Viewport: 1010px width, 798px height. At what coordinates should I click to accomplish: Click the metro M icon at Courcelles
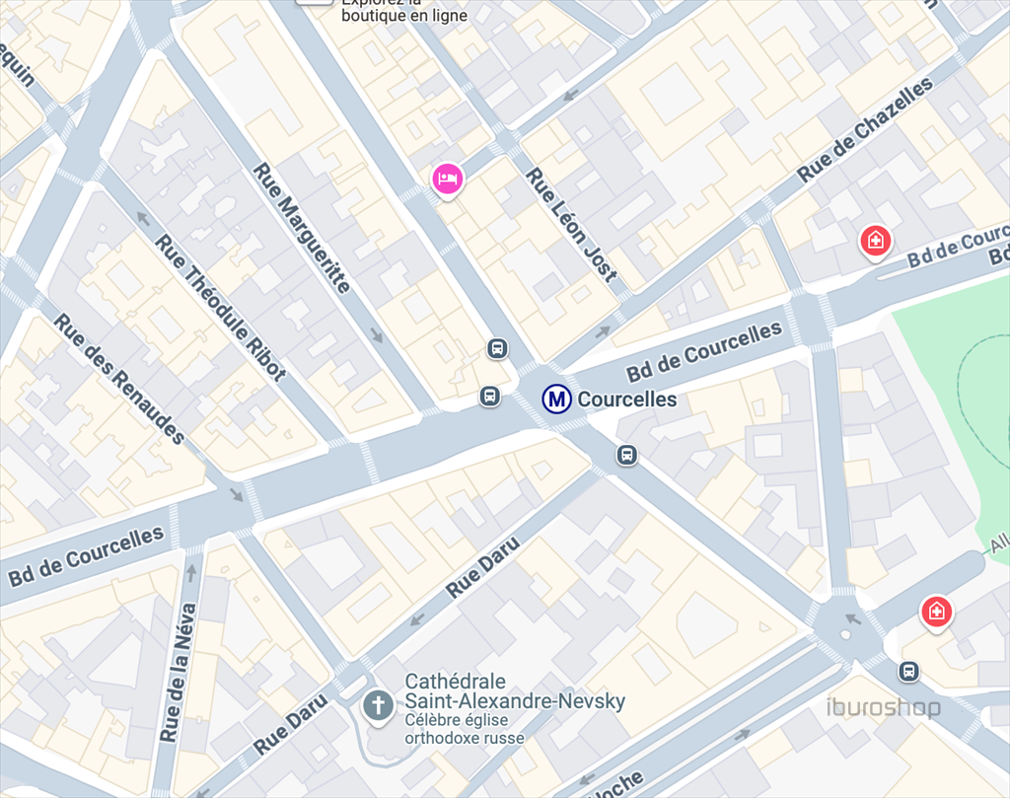click(x=556, y=399)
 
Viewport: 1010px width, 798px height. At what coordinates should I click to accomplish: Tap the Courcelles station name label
click(x=627, y=399)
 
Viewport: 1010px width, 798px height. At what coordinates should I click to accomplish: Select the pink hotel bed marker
click(x=447, y=180)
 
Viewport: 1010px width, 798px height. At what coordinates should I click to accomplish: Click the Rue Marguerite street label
click(x=302, y=228)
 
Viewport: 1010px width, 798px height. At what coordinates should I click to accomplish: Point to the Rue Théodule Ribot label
click(x=220, y=307)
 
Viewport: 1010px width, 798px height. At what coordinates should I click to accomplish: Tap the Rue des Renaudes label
click(x=119, y=378)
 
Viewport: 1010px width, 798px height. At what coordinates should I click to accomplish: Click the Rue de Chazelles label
click(x=865, y=130)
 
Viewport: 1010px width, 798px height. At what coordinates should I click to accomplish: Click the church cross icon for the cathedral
click(x=376, y=705)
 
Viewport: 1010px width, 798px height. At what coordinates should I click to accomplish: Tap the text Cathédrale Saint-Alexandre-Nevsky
click(x=515, y=691)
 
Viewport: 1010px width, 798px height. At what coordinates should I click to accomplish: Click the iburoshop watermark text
click(x=883, y=708)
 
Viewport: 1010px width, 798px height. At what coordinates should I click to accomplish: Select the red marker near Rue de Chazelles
click(x=873, y=240)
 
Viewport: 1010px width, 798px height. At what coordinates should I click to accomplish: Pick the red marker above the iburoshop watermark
click(x=935, y=612)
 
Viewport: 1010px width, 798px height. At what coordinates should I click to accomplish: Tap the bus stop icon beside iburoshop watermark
click(x=908, y=672)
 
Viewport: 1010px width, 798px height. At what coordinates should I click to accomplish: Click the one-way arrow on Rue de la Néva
click(x=192, y=571)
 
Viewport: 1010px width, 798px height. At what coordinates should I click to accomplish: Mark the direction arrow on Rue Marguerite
click(x=376, y=336)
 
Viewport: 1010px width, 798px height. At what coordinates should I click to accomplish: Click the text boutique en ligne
click(x=404, y=16)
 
